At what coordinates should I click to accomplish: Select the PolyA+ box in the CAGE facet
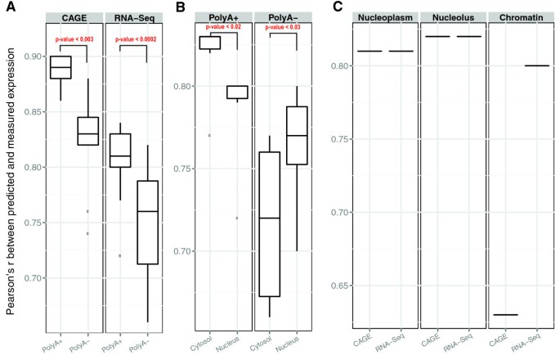click(x=60, y=67)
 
